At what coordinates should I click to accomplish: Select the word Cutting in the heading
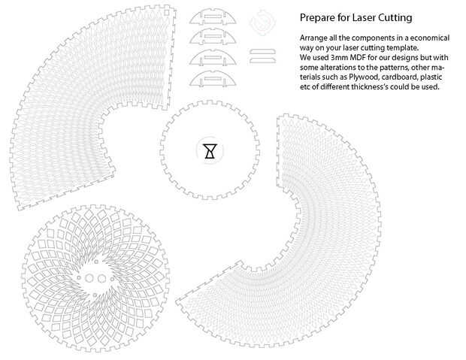coord(395,18)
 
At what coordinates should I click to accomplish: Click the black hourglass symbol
coord(210,151)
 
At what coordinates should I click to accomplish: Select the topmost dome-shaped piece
coord(213,17)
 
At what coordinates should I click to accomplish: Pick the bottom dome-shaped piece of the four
coord(213,79)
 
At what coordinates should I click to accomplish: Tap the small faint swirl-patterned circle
coord(262,22)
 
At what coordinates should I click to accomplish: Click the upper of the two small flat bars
coord(263,52)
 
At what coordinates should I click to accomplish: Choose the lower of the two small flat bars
coord(263,60)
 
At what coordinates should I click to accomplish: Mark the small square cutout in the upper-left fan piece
coord(167,13)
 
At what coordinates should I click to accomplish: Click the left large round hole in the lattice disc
coord(89,278)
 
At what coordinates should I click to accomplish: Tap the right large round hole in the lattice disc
coord(102,279)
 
